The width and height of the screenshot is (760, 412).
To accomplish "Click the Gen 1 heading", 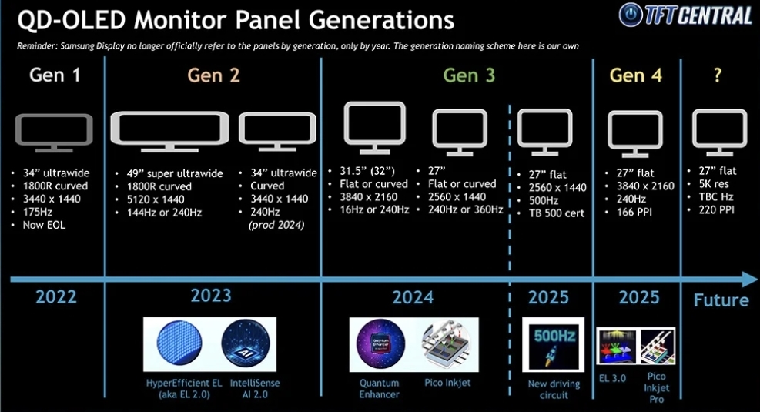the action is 54,75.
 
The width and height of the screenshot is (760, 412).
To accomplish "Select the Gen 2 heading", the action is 213,75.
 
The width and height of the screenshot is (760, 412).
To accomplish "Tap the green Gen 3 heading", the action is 469,75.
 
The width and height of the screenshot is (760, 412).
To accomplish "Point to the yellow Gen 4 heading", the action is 635,75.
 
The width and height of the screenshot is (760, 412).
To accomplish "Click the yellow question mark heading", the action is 718,75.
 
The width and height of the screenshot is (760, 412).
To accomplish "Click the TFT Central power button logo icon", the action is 631,15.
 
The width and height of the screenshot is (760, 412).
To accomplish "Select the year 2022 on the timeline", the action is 56,296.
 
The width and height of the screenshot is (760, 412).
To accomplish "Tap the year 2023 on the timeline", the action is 211,295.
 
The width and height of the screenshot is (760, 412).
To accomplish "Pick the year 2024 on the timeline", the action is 413,297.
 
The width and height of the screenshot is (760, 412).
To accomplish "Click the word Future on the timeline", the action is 721,300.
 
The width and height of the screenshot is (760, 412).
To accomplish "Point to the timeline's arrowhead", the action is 749,280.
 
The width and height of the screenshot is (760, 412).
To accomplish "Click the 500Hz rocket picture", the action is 553,345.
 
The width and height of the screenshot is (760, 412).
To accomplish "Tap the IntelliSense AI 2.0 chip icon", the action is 246,343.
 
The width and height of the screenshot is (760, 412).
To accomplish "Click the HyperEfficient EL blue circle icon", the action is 179,343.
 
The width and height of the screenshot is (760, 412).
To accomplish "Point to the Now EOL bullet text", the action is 44,225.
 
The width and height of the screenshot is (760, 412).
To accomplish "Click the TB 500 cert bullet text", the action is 557,213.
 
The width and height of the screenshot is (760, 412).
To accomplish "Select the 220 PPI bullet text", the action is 716,210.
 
